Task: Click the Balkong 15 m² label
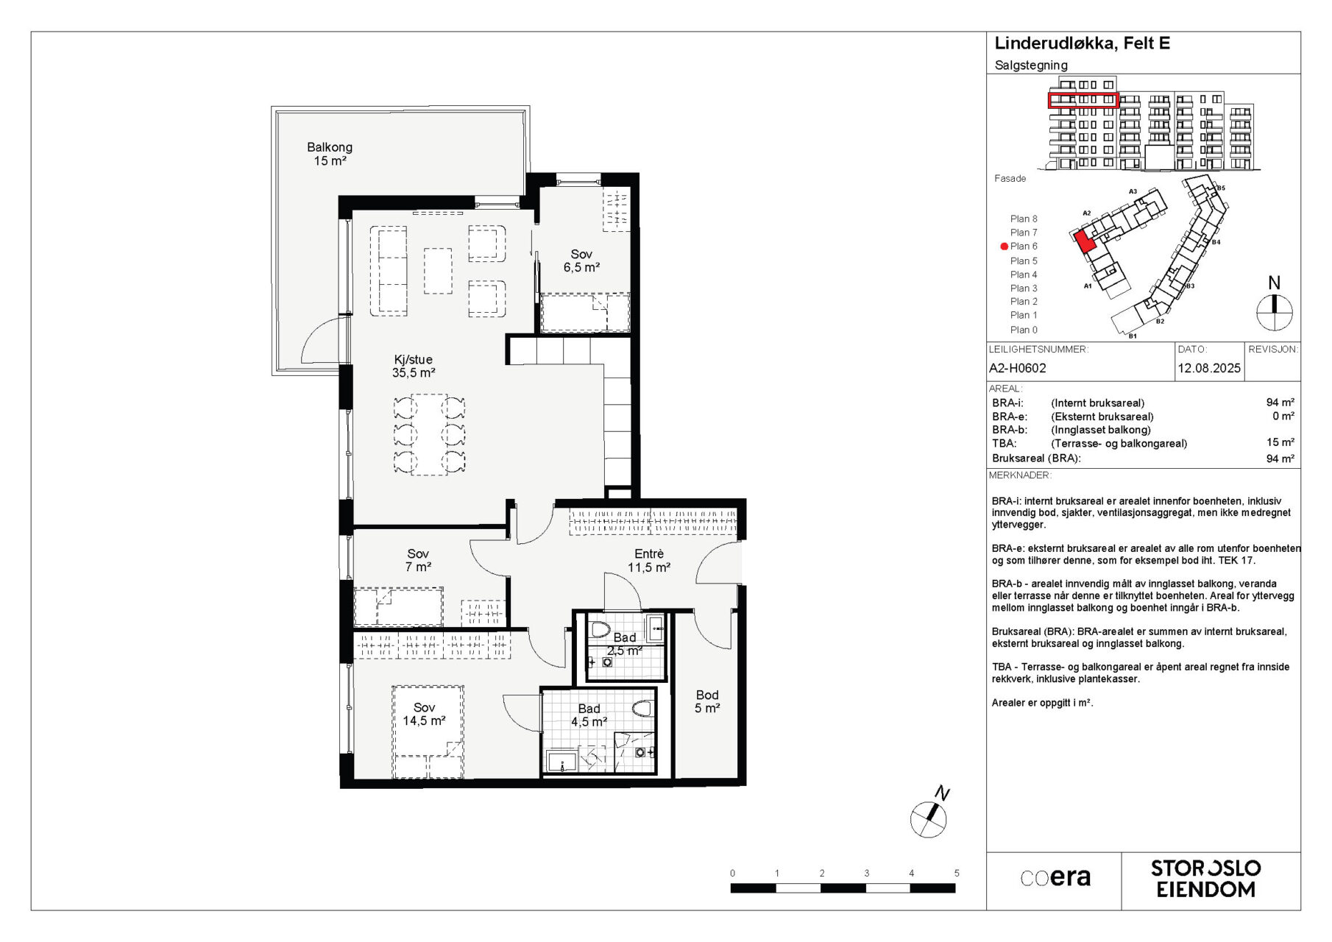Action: (x=330, y=154)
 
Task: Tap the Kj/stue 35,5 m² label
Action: (x=413, y=366)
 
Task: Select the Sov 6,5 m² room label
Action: (x=581, y=261)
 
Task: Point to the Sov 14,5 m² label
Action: (x=424, y=714)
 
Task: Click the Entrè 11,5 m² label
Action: (x=649, y=560)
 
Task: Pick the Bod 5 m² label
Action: (x=707, y=701)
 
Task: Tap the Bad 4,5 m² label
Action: (x=589, y=715)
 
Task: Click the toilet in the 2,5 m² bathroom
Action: (x=600, y=629)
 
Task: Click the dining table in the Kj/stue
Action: (x=430, y=434)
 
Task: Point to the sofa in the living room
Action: (x=392, y=272)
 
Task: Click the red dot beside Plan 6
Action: (x=1004, y=247)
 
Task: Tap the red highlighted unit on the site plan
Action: (x=1084, y=241)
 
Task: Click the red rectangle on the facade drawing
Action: (x=1083, y=100)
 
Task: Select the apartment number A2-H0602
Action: (x=1017, y=368)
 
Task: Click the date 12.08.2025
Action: (x=1209, y=368)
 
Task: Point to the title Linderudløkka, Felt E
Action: (x=1082, y=43)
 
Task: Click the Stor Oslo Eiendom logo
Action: (x=1205, y=879)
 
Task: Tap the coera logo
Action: (x=1055, y=877)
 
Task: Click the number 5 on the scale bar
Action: (x=957, y=874)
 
